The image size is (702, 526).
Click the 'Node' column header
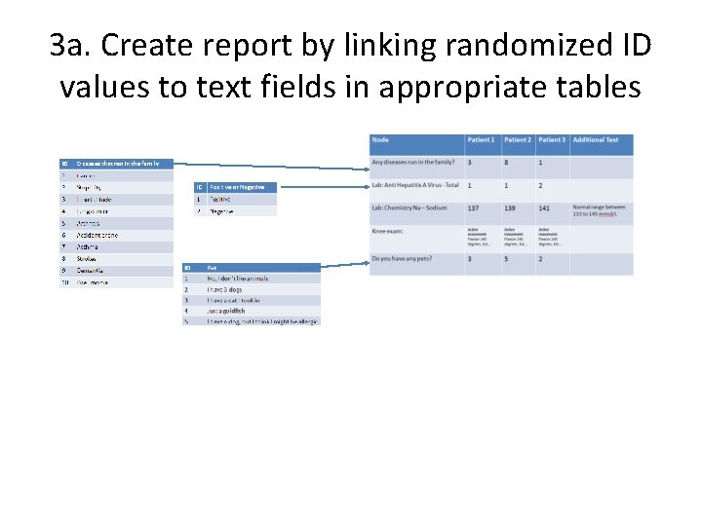point(380,140)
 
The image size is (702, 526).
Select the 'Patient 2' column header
point(518,140)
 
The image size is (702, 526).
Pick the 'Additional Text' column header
point(596,140)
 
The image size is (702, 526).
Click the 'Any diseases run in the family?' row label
point(415,162)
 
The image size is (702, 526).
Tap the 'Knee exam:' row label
point(388,231)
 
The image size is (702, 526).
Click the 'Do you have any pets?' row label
point(402,259)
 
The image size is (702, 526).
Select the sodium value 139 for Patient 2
point(511,207)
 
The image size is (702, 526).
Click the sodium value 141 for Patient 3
point(544,207)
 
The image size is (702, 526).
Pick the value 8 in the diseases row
point(506,163)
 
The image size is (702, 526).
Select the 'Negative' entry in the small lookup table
point(222,210)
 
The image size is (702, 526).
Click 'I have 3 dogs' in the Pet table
point(223,289)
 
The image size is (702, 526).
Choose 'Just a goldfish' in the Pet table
point(226,311)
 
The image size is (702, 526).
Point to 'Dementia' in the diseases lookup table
point(91,270)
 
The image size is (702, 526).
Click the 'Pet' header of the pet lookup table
point(212,267)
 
